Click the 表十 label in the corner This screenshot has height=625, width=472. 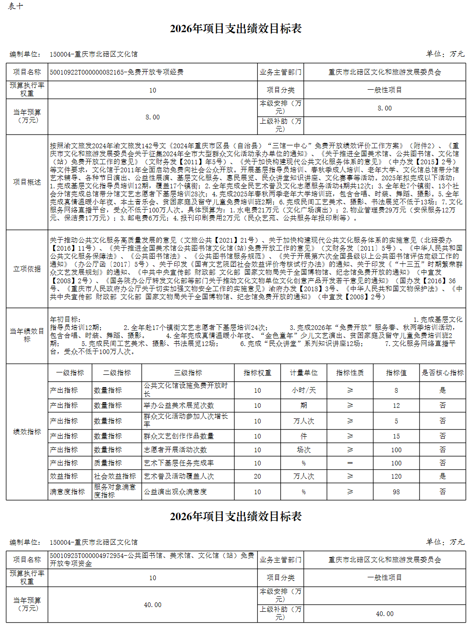point(15,7)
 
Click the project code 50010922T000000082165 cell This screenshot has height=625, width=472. point(116,72)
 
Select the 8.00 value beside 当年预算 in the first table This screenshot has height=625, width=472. point(152,117)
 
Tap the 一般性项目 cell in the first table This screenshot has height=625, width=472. point(384,90)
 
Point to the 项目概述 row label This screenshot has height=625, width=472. point(27,182)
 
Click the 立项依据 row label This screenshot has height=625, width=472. point(27,269)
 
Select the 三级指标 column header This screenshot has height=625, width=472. point(188,372)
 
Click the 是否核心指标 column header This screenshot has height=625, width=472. point(442,372)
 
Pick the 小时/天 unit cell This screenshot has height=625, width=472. point(303,390)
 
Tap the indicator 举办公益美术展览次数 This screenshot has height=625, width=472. point(179,405)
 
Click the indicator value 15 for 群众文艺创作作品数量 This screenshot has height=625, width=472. point(396,436)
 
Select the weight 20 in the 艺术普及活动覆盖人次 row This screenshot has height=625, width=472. point(257,476)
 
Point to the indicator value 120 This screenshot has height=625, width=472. point(396,476)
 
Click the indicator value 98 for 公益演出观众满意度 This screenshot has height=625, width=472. point(396,492)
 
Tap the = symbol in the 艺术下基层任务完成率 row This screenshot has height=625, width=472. point(350,463)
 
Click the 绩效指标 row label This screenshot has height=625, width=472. point(27,432)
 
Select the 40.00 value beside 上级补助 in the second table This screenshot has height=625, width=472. point(384,614)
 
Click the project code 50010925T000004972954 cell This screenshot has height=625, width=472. point(152,559)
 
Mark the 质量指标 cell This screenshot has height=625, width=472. point(108,463)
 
